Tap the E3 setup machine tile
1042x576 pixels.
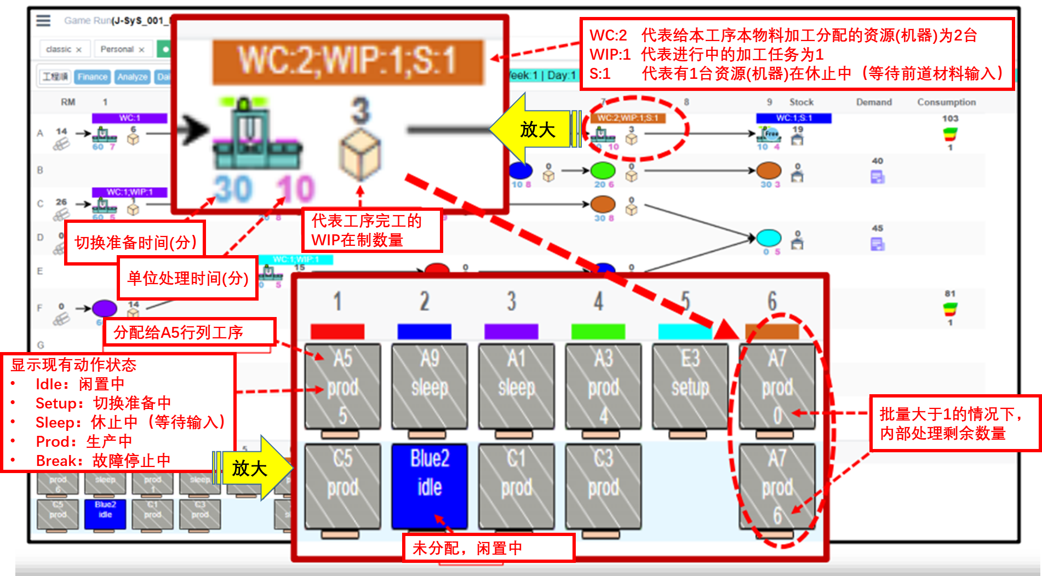point(690,386)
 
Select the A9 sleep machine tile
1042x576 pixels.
point(430,386)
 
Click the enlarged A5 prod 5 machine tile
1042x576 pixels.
point(343,386)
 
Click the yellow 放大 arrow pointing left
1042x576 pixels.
point(531,129)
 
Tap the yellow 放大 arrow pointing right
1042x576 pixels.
point(255,468)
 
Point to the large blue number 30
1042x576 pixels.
point(233,189)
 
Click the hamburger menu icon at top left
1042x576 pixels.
point(43,21)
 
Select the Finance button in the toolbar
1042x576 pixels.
point(92,77)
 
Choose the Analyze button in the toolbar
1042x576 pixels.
point(132,77)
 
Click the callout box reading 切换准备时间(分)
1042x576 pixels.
point(135,242)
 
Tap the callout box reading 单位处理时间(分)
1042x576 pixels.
point(188,278)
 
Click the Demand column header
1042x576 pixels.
point(874,102)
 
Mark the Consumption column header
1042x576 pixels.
point(946,102)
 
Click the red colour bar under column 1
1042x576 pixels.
point(337,331)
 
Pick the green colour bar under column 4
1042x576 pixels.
point(598,331)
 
